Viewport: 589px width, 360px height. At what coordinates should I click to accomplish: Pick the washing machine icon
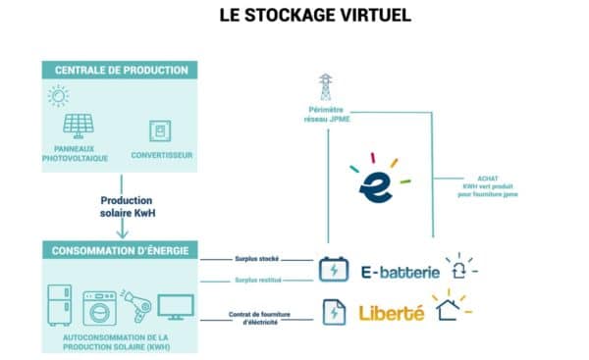[99, 307]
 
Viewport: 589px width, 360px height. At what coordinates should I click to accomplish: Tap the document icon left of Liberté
[334, 313]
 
